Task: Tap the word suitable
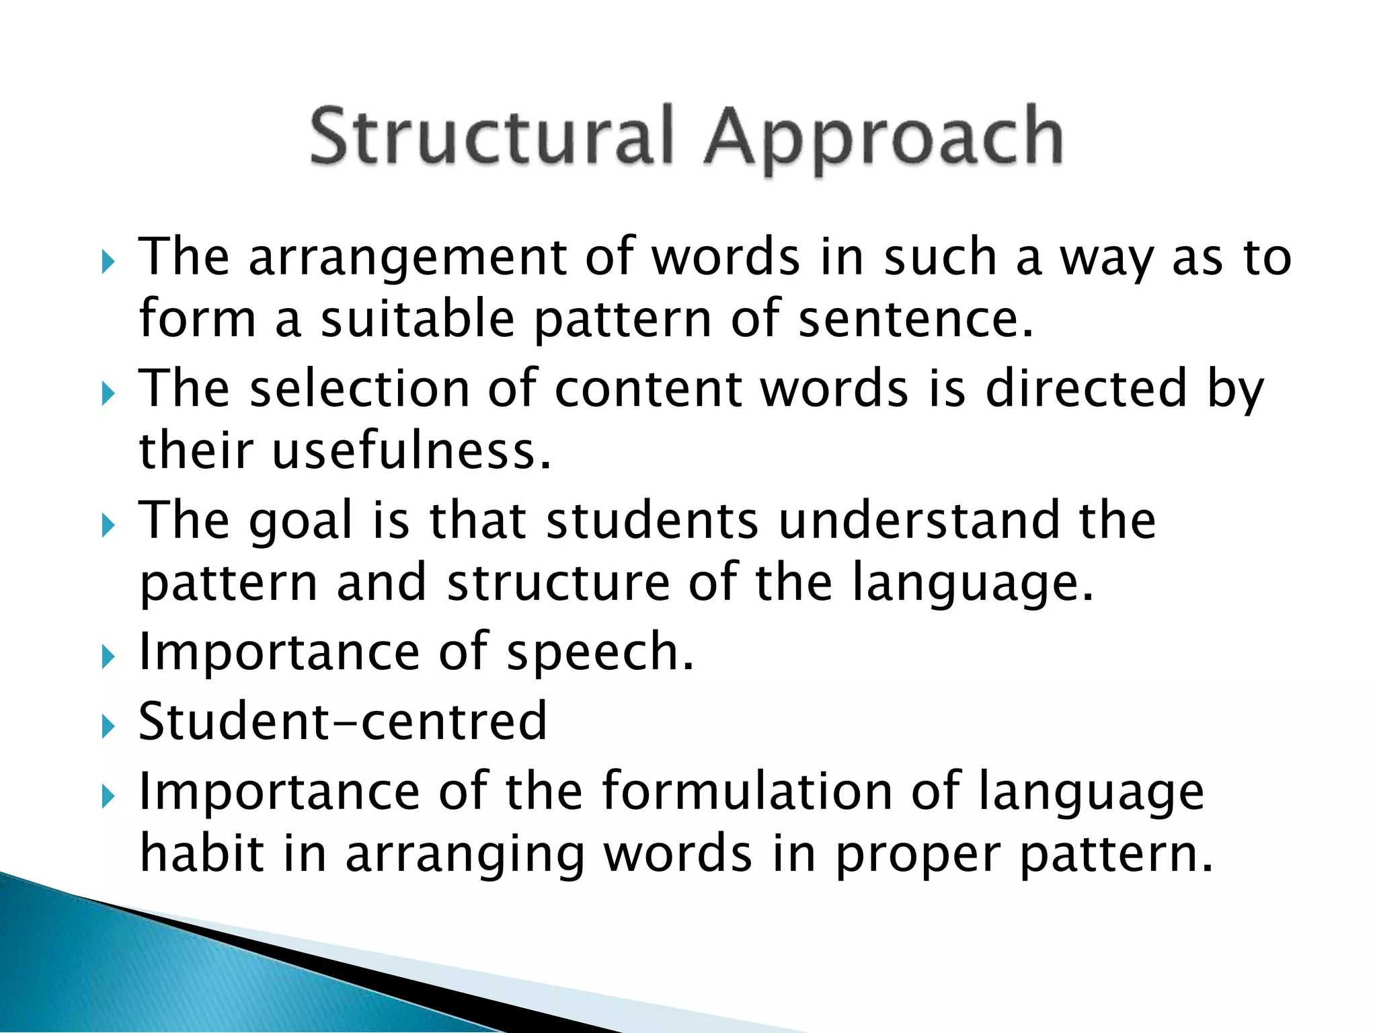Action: point(417,319)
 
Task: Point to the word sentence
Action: point(915,319)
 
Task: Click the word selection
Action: point(360,389)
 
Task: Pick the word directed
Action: point(1087,389)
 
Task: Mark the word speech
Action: point(600,653)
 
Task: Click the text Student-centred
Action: point(343,722)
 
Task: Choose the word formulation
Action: point(747,792)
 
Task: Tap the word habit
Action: point(202,853)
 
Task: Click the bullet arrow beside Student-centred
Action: point(108,726)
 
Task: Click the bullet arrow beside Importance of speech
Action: point(108,657)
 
